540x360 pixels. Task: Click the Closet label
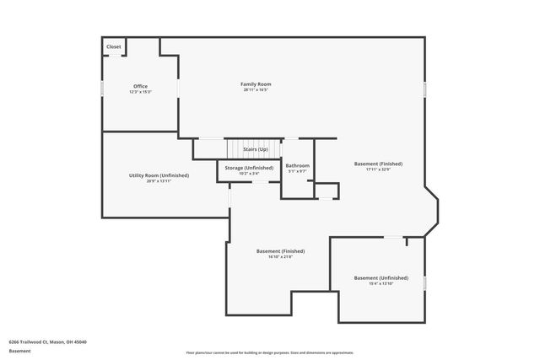[113, 46]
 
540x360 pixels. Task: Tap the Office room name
[140, 86]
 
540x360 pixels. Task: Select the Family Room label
[256, 83]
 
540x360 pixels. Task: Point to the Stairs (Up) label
[256, 149]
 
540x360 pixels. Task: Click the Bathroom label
[297, 165]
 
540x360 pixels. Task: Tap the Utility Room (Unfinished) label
[159, 175]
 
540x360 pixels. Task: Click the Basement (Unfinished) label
[381, 277]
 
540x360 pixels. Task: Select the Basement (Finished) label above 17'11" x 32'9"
[378, 164]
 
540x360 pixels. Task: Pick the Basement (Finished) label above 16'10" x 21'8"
[280, 250]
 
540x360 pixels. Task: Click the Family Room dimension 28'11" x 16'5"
[256, 90]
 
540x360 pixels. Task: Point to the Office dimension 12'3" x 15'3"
[140, 92]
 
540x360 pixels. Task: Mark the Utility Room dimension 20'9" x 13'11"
[159, 181]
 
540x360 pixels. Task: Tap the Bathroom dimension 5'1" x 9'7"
[297, 171]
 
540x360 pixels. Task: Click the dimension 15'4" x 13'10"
[381, 283]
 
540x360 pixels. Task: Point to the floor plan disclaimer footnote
[269, 352]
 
